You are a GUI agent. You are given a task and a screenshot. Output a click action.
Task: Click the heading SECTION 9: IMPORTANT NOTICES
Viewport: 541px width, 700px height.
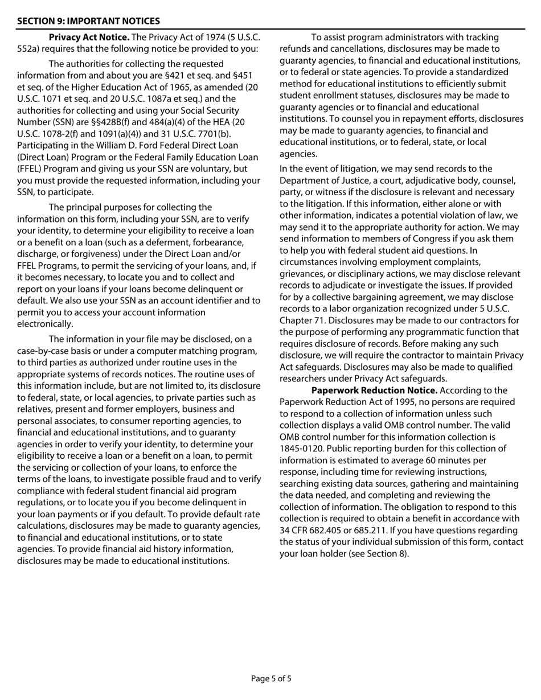tap(88, 21)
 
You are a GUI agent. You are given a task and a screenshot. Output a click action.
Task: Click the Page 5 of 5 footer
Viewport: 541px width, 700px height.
tap(271, 678)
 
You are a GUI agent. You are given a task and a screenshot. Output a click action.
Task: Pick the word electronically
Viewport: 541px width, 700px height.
tap(45, 324)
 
